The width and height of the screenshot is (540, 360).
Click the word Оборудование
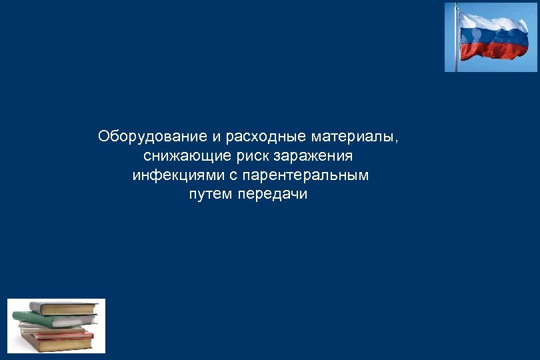[153, 137]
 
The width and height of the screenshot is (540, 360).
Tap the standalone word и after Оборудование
[217, 137]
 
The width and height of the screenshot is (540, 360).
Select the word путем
[211, 195]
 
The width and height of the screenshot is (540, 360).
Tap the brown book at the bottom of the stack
[60, 344]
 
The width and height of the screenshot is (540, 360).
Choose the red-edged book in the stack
[60, 334]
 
